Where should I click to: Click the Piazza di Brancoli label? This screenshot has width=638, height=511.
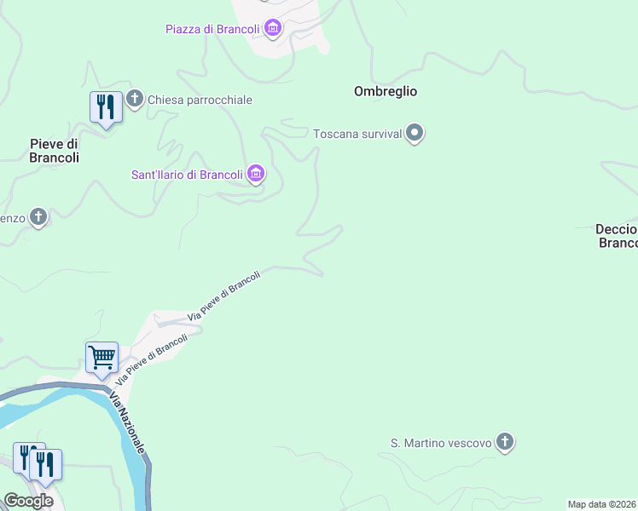[x=212, y=30]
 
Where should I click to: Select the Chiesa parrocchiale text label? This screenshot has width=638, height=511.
[x=200, y=100]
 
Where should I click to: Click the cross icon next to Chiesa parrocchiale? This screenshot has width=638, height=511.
[x=135, y=100]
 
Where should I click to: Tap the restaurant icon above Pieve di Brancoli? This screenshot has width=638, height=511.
[x=106, y=107]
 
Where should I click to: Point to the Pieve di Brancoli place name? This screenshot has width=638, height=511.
[x=55, y=151]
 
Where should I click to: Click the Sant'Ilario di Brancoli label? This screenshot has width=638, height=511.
[x=187, y=175]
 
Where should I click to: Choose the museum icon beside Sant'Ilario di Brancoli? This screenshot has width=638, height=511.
[x=255, y=175]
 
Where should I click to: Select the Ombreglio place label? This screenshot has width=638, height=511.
[x=386, y=91]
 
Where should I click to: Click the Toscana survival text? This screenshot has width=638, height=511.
[x=357, y=135]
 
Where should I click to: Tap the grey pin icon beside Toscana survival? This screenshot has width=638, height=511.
[x=415, y=134]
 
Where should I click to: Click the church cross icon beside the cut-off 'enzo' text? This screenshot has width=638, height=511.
[x=38, y=217]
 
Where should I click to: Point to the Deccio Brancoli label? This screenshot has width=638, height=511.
[x=617, y=236]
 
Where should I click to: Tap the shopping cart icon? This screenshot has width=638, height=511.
[x=101, y=359]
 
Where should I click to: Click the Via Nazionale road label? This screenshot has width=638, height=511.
[x=131, y=422]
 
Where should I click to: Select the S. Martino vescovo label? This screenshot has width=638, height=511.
[x=441, y=443]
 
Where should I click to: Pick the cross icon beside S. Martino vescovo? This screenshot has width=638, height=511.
[x=506, y=442]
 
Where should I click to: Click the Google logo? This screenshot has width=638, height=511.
[x=28, y=501]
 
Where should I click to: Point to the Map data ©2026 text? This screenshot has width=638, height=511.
[x=602, y=504]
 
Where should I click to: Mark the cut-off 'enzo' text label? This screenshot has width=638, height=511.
[x=12, y=218]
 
